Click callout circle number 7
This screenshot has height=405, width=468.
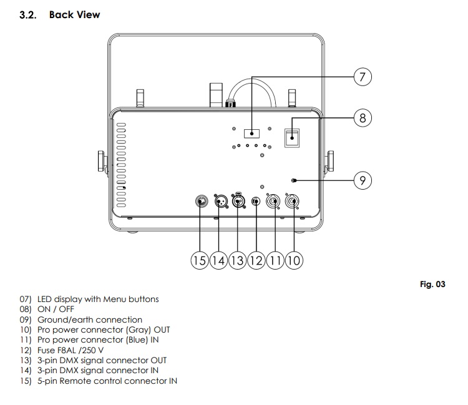click(363, 77)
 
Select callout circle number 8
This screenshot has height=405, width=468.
click(363, 117)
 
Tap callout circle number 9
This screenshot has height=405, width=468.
click(363, 180)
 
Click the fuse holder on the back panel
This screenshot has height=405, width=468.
click(255, 202)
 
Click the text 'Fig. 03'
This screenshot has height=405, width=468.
click(432, 285)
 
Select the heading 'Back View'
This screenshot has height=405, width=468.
click(74, 14)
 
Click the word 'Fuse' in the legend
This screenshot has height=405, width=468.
click(47, 349)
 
